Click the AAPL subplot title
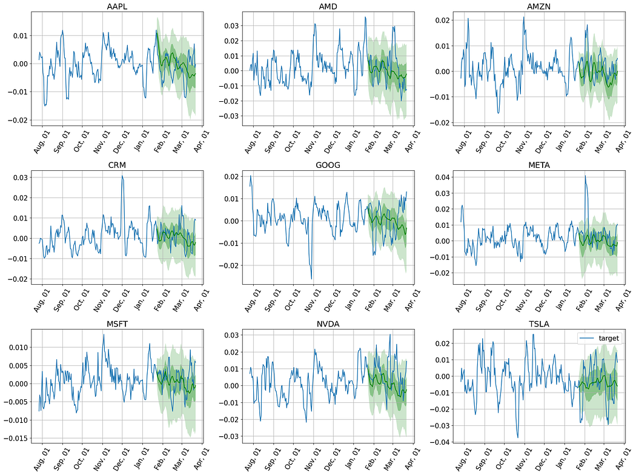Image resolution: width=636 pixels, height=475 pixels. pos(117,7)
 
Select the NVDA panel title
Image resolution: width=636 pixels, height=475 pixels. pos(328,324)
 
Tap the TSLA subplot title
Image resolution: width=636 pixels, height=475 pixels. pos(538,324)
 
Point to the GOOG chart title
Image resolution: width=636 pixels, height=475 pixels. pos(328,165)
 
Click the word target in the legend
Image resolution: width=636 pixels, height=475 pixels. pos(609,338)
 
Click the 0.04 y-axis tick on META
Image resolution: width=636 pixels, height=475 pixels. pos(443,178)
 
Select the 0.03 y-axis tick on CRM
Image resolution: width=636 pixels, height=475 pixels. pos(21,178)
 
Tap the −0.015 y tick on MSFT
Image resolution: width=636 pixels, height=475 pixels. pos(16,439)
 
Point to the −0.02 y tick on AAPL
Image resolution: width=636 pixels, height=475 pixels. pos(18,120)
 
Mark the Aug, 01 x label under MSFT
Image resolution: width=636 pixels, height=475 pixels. pos(41,460)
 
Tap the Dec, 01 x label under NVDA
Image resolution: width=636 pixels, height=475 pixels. pos(332,460)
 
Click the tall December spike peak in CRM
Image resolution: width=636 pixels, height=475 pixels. pos(122,176)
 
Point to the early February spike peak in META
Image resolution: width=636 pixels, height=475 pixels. pos(585,176)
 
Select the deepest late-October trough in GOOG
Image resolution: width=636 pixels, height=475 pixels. pos(311,279)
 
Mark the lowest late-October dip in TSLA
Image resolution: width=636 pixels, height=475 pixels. pos(518,437)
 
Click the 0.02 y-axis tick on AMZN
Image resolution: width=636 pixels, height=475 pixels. pos(443,20)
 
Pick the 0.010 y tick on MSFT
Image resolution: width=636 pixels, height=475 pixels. pos(19,348)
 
